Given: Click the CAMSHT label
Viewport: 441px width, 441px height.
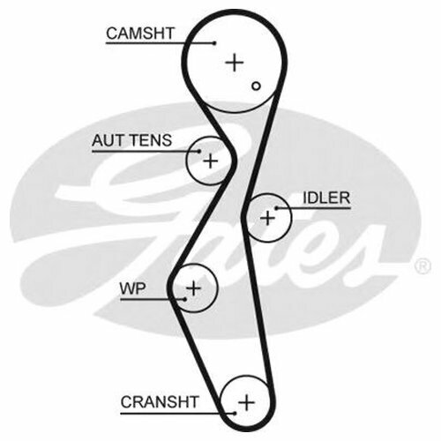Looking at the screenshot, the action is pyautogui.click(x=140, y=34).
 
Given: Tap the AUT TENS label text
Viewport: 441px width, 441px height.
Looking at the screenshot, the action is pyautogui.click(x=131, y=140).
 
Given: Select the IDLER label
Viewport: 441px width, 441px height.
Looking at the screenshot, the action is pyautogui.click(x=326, y=198).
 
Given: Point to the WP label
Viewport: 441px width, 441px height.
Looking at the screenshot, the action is pyautogui.click(x=132, y=288).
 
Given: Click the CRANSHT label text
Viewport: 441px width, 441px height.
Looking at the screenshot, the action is pyautogui.click(x=160, y=402).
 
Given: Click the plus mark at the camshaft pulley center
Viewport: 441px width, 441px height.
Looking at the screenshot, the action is pyautogui.click(x=235, y=63).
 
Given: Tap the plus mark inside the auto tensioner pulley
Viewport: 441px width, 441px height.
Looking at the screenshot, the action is pyautogui.click(x=211, y=161).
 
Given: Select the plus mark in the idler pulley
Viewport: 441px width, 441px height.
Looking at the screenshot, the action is pyautogui.click(x=267, y=218).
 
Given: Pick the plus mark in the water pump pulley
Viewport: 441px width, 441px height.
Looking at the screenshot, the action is pyautogui.click(x=193, y=288).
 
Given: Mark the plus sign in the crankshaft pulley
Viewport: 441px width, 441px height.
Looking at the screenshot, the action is pyautogui.click(x=246, y=402).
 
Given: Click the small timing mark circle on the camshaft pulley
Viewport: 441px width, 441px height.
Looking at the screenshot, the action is pyautogui.click(x=256, y=86).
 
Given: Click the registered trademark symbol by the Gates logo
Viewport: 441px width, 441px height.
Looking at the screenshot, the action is pyautogui.click(x=422, y=266).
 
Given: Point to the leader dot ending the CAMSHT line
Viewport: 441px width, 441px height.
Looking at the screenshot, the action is pyautogui.click(x=215, y=43).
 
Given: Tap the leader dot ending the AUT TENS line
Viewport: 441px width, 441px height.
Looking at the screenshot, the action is pyautogui.click(x=199, y=152).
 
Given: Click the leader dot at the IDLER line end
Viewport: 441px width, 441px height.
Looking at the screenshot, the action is pyautogui.click(x=276, y=208).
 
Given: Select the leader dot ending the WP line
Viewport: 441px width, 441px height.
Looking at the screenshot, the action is pyautogui.click(x=185, y=299).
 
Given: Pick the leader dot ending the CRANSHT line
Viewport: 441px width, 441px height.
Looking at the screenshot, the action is pyautogui.click(x=235, y=414).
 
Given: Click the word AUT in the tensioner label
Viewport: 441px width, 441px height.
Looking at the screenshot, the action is pyautogui.click(x=108, y=140).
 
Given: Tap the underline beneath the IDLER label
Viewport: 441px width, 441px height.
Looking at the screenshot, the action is pyautogui.click(x=313, y=208).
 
